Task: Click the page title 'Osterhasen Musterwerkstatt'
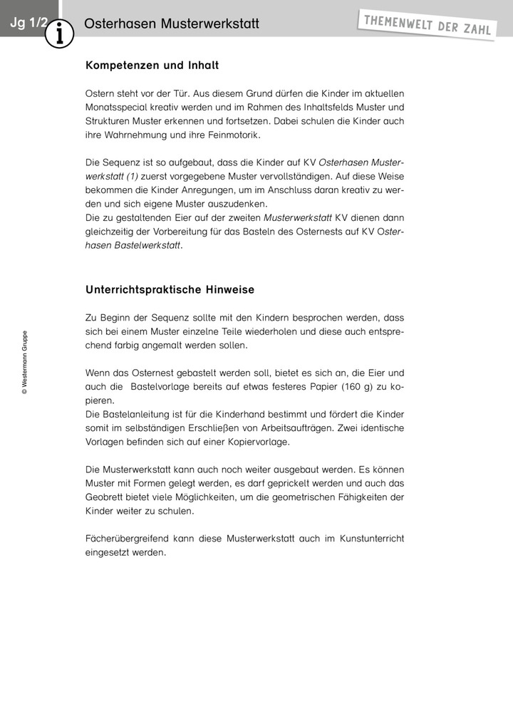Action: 171,24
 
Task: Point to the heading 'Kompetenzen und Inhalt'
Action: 152,66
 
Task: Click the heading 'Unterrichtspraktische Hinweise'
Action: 170,290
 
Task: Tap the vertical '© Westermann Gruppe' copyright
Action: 25,362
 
